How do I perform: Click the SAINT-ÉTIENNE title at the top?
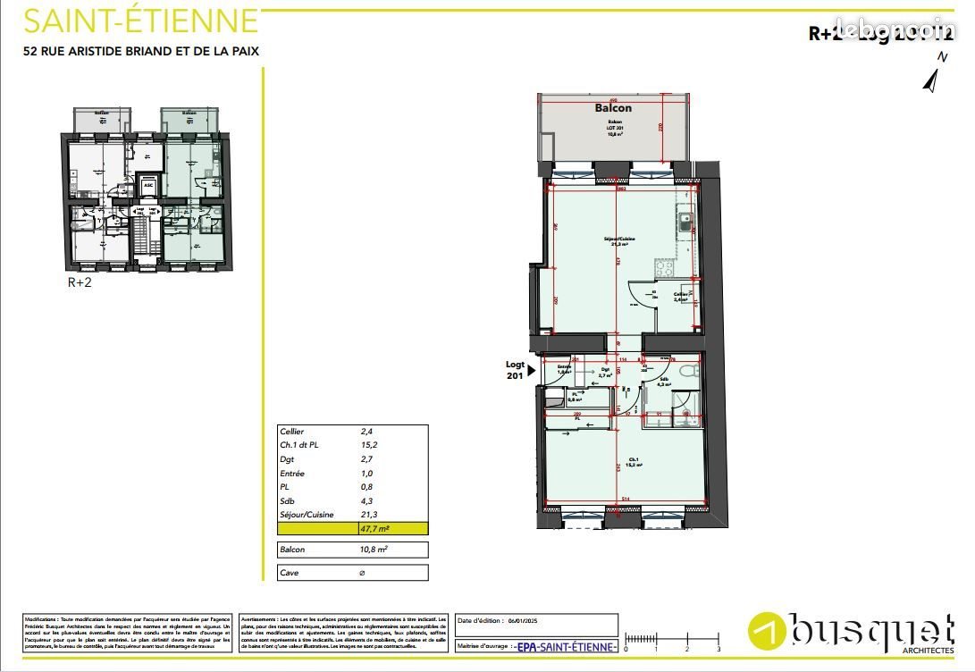pos(140,20)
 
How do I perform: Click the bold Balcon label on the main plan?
pos(613,108)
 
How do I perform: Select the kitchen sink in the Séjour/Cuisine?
pos(685,223)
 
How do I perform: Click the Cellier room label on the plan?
pos(681,296)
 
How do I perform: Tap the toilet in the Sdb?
pos(685,373)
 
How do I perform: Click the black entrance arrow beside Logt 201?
pos(531,369)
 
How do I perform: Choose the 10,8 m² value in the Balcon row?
pos(374,550)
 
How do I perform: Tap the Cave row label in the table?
pos(290,572)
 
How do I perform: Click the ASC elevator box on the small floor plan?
pos(147,185)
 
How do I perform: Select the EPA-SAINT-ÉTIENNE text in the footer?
pos(567,647)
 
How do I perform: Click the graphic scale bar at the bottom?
pos(671,639)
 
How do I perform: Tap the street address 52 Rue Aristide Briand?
pos(140,51)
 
